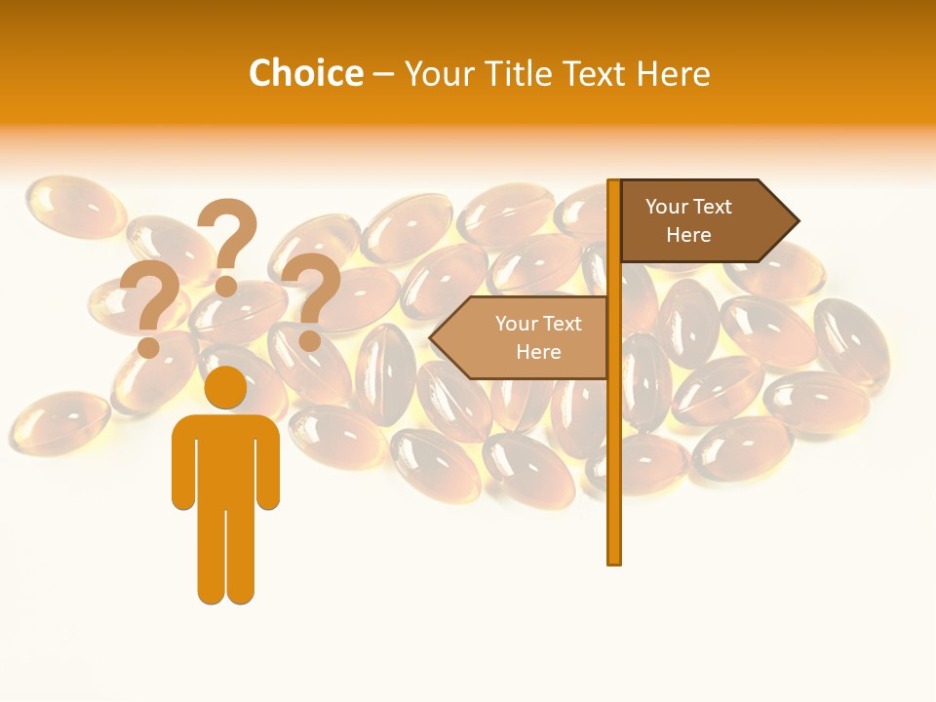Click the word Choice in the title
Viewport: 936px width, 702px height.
pos(306,73)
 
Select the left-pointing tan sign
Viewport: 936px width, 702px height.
pos(526,338)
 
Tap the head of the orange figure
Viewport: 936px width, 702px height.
pos(225,387)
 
